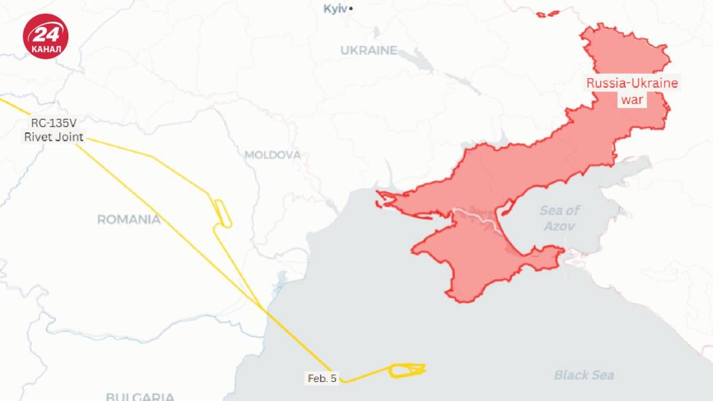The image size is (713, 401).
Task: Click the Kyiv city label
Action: [x=335, y=9]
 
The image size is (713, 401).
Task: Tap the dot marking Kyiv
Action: [x=351, y=9]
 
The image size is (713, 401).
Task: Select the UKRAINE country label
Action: [x=368, y=50]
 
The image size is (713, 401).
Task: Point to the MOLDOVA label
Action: [x=273, y=155]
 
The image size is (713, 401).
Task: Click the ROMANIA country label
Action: [x=129, y=220]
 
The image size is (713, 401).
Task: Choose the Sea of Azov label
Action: [x=560, y=218]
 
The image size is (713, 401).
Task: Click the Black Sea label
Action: [x=584, y=375]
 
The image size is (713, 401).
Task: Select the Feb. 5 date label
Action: [x=322, y=378]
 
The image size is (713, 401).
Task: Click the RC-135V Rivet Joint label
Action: [x=53, y=131]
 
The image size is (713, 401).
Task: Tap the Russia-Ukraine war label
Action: [x=632, y=91]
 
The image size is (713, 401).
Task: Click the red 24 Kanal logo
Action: [x=46, y=36]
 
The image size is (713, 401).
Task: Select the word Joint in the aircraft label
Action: [x=70, y=137]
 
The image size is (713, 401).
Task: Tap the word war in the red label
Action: [x=632, y=100]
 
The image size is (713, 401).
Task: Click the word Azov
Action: [x=560, y=226]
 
